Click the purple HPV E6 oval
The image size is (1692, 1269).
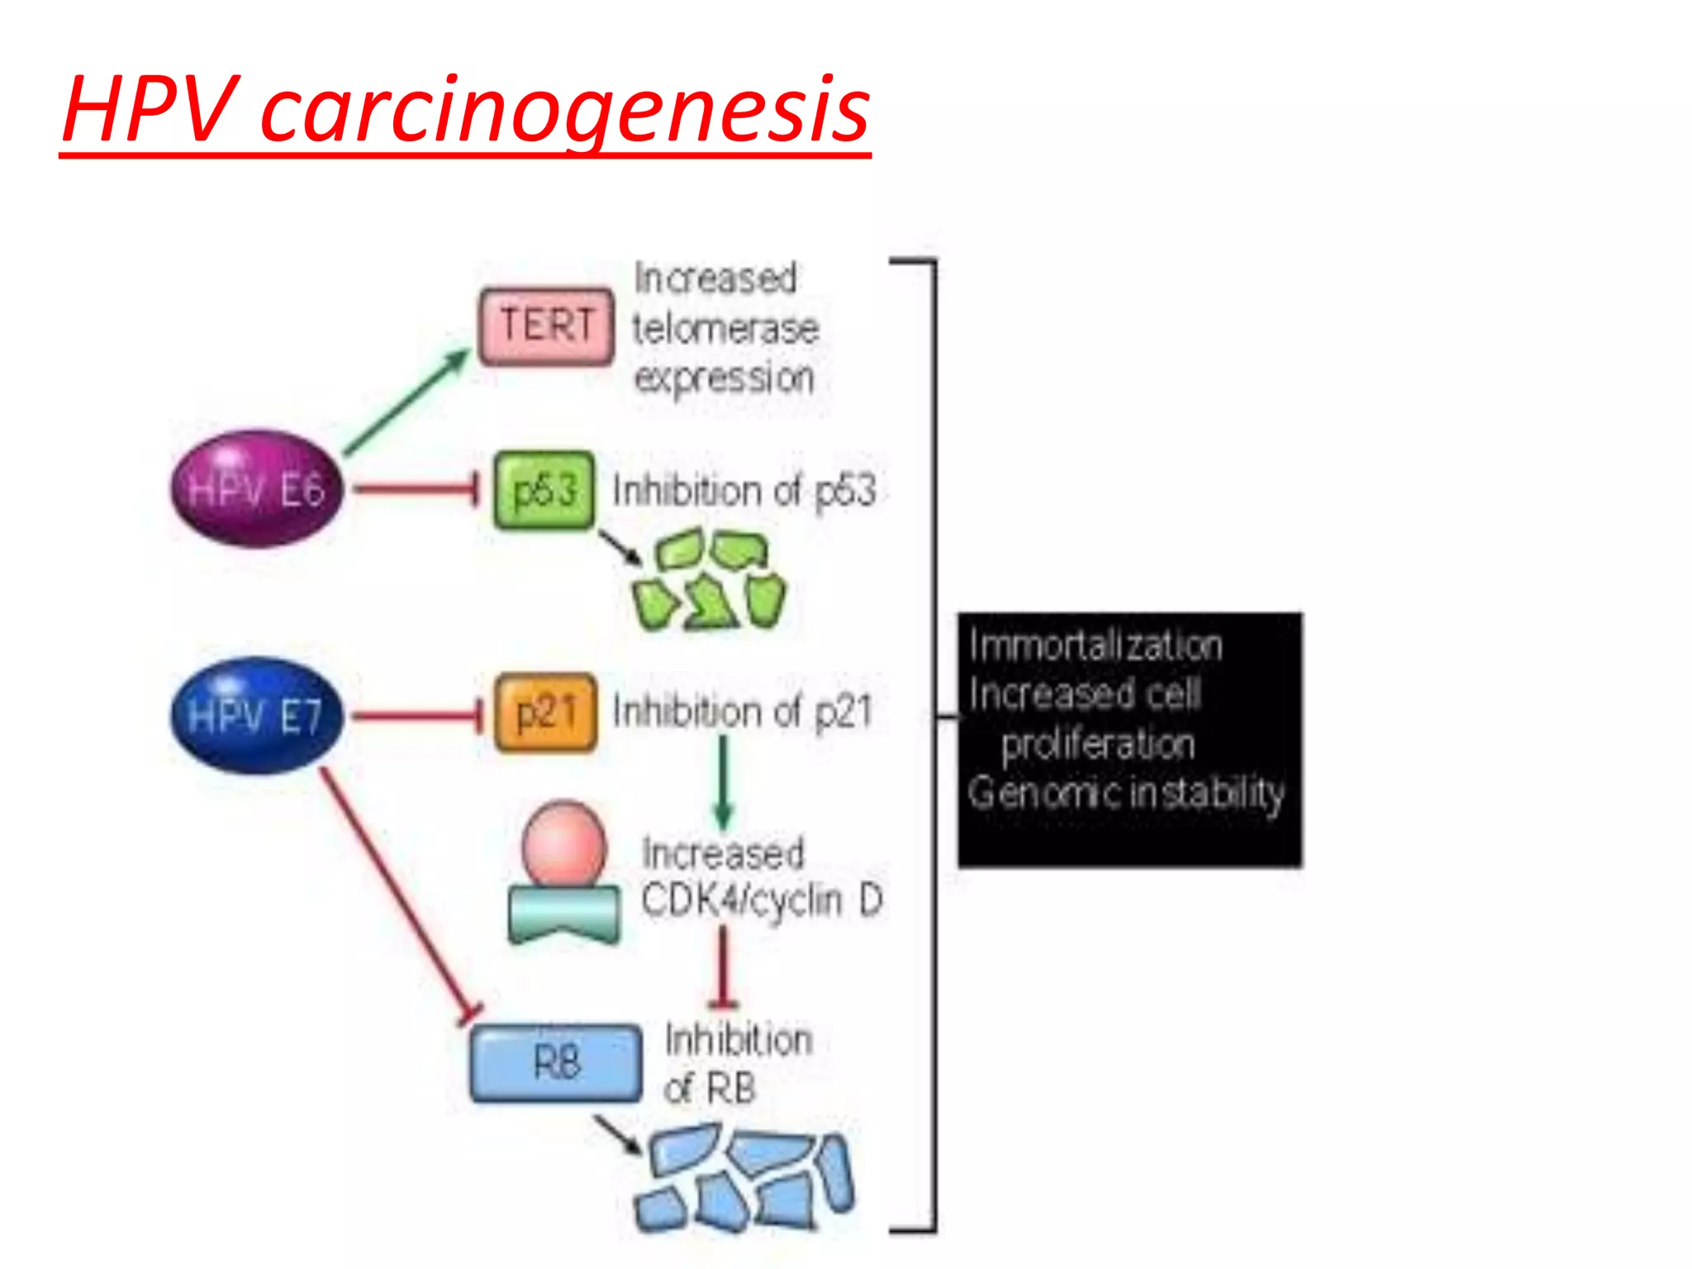[x=257, y=488]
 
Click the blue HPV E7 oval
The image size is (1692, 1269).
[x=257, y=715]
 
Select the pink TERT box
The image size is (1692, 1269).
[x=546, y=326]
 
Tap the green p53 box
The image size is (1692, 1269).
[x=544, y=490]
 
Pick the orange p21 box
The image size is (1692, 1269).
[x=545, y=712]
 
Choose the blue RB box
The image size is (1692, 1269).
[x=556, y=1062]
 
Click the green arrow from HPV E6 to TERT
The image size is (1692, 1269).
[x=405, y=402]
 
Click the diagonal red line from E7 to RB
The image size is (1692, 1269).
[x=397, y=892]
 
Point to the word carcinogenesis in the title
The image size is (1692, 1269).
[x=565, y=111]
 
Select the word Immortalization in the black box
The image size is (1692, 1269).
[x=1096, y=645]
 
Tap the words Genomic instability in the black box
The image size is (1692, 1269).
[x=1126, y=793]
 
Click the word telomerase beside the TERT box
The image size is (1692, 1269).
[x=725, y=329]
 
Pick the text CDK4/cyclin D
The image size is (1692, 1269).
[x=762, y=900]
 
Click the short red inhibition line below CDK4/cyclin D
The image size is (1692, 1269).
[x=724, y=967]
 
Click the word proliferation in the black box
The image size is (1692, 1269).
[x=1098, y=744]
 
